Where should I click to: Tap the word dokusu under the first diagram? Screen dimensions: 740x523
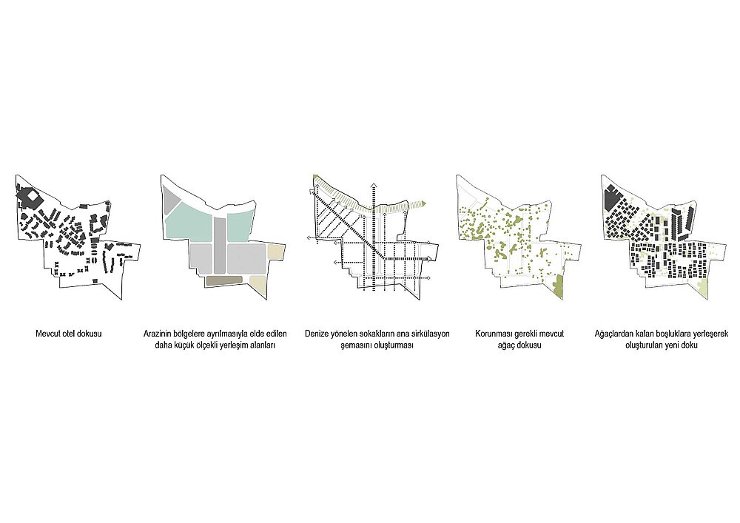tap(90, 334)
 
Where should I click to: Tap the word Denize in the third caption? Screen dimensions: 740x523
tap(316, 334)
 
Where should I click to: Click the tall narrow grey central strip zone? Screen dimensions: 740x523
tap(220, 245)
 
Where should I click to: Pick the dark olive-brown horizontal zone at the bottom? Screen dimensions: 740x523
tap(225, 280)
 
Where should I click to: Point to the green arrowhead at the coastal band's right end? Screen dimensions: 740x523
tap(424, 203)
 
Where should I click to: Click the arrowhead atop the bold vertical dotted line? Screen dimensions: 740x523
tap(373, 184)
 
